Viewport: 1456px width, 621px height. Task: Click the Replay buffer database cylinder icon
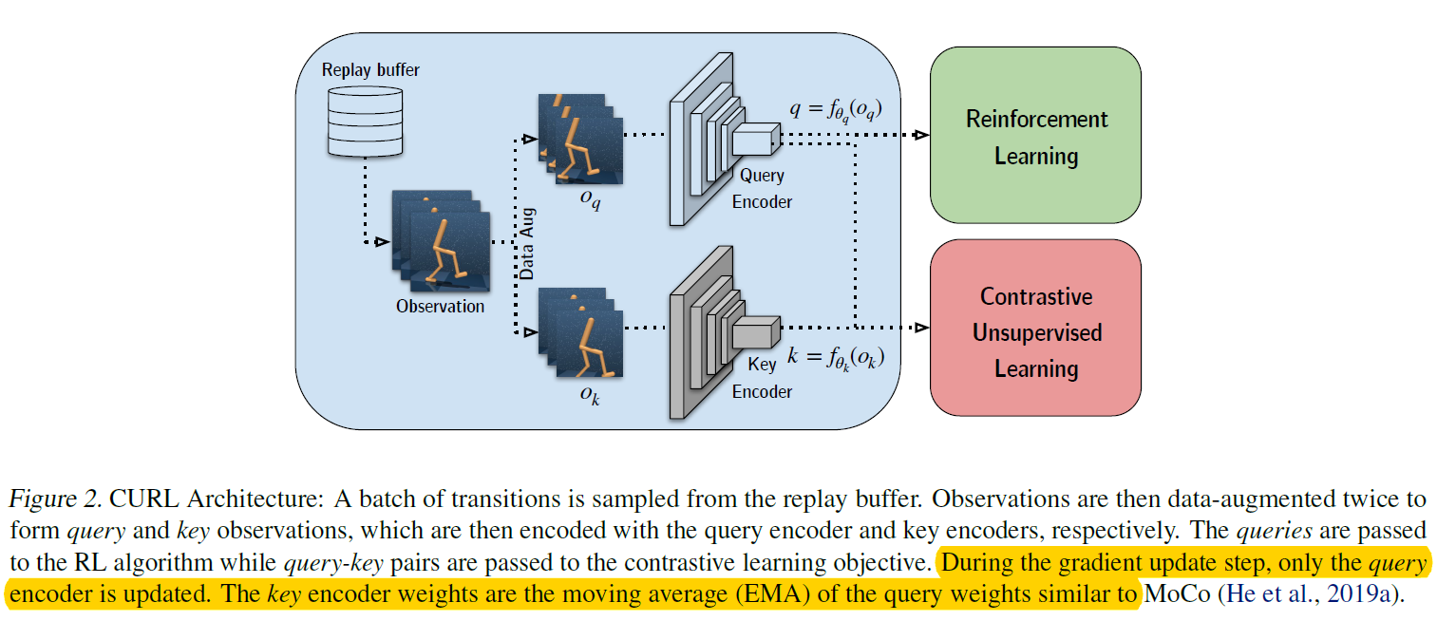coord(364,121)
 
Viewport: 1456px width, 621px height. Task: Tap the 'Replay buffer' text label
coord(370,70)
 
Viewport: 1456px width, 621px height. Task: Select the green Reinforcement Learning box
coord(1035,136)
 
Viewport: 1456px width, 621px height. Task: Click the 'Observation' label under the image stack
coord(440,307)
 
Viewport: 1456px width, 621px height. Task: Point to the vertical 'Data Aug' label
coord(528,242)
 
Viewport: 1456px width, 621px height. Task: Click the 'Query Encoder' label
coord(762,188)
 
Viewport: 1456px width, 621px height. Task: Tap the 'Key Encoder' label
coord(762,378)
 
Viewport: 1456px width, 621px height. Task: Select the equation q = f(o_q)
coord(836,110)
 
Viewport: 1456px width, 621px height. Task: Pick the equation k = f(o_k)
coord(836,358)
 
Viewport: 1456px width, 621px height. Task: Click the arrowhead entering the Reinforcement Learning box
coord(919,136)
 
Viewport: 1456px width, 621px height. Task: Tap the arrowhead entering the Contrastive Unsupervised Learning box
coord(919,328)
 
